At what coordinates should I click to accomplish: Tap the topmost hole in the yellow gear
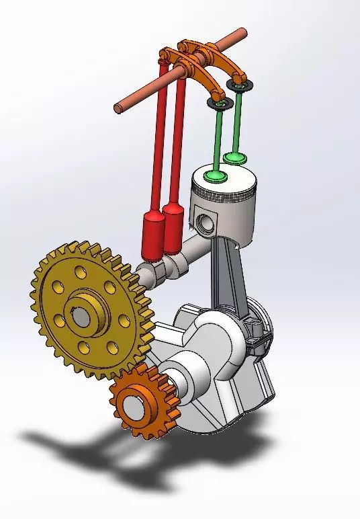(x=81, y=272)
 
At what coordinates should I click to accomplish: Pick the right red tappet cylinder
(x=173, y=225)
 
